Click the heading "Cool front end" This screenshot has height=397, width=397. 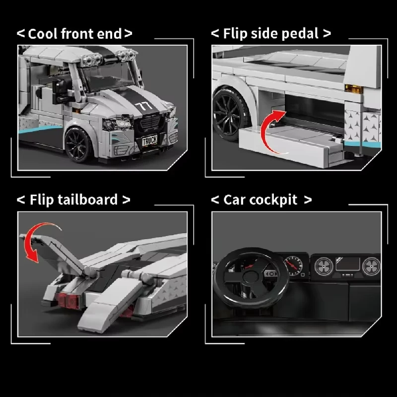click(75, 34)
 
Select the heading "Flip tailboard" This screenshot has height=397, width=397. click(74, 199)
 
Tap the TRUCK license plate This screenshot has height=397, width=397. click(149, 140)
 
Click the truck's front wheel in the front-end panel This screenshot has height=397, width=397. click(78, 144)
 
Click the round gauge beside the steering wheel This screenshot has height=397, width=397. click(293, 265)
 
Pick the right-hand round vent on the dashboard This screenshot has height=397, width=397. click(370, 266)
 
